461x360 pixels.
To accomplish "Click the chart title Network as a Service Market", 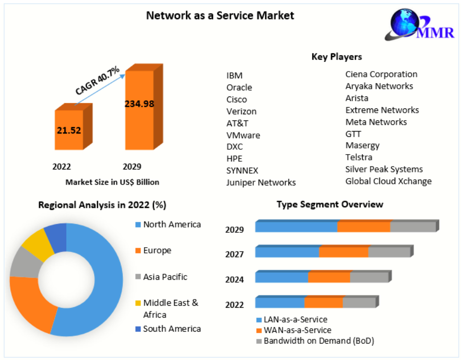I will click(x=220, y=15).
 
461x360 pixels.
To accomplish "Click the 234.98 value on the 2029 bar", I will click(x=139, y=104).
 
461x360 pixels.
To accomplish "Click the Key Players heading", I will click(x=336, y=57).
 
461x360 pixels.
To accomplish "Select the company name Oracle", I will click(x=239, y=87).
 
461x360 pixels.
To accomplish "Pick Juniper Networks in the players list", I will click(x=261, y=182).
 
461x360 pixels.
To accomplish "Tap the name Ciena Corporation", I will click(x=381, y=74).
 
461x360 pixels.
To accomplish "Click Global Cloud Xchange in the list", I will click(x=389, y=181).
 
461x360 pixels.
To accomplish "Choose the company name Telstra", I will click(x=359, y=157).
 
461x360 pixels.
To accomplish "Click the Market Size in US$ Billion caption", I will click(x=112, y=182).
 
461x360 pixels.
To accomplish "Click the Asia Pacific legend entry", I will click(x=165, y=277).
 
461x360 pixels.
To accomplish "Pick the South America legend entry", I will click(x=172, y=329).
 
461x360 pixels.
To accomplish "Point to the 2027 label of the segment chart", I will click(x=235, y=254).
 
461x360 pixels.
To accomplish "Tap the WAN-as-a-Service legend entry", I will click(x=297, y=330).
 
